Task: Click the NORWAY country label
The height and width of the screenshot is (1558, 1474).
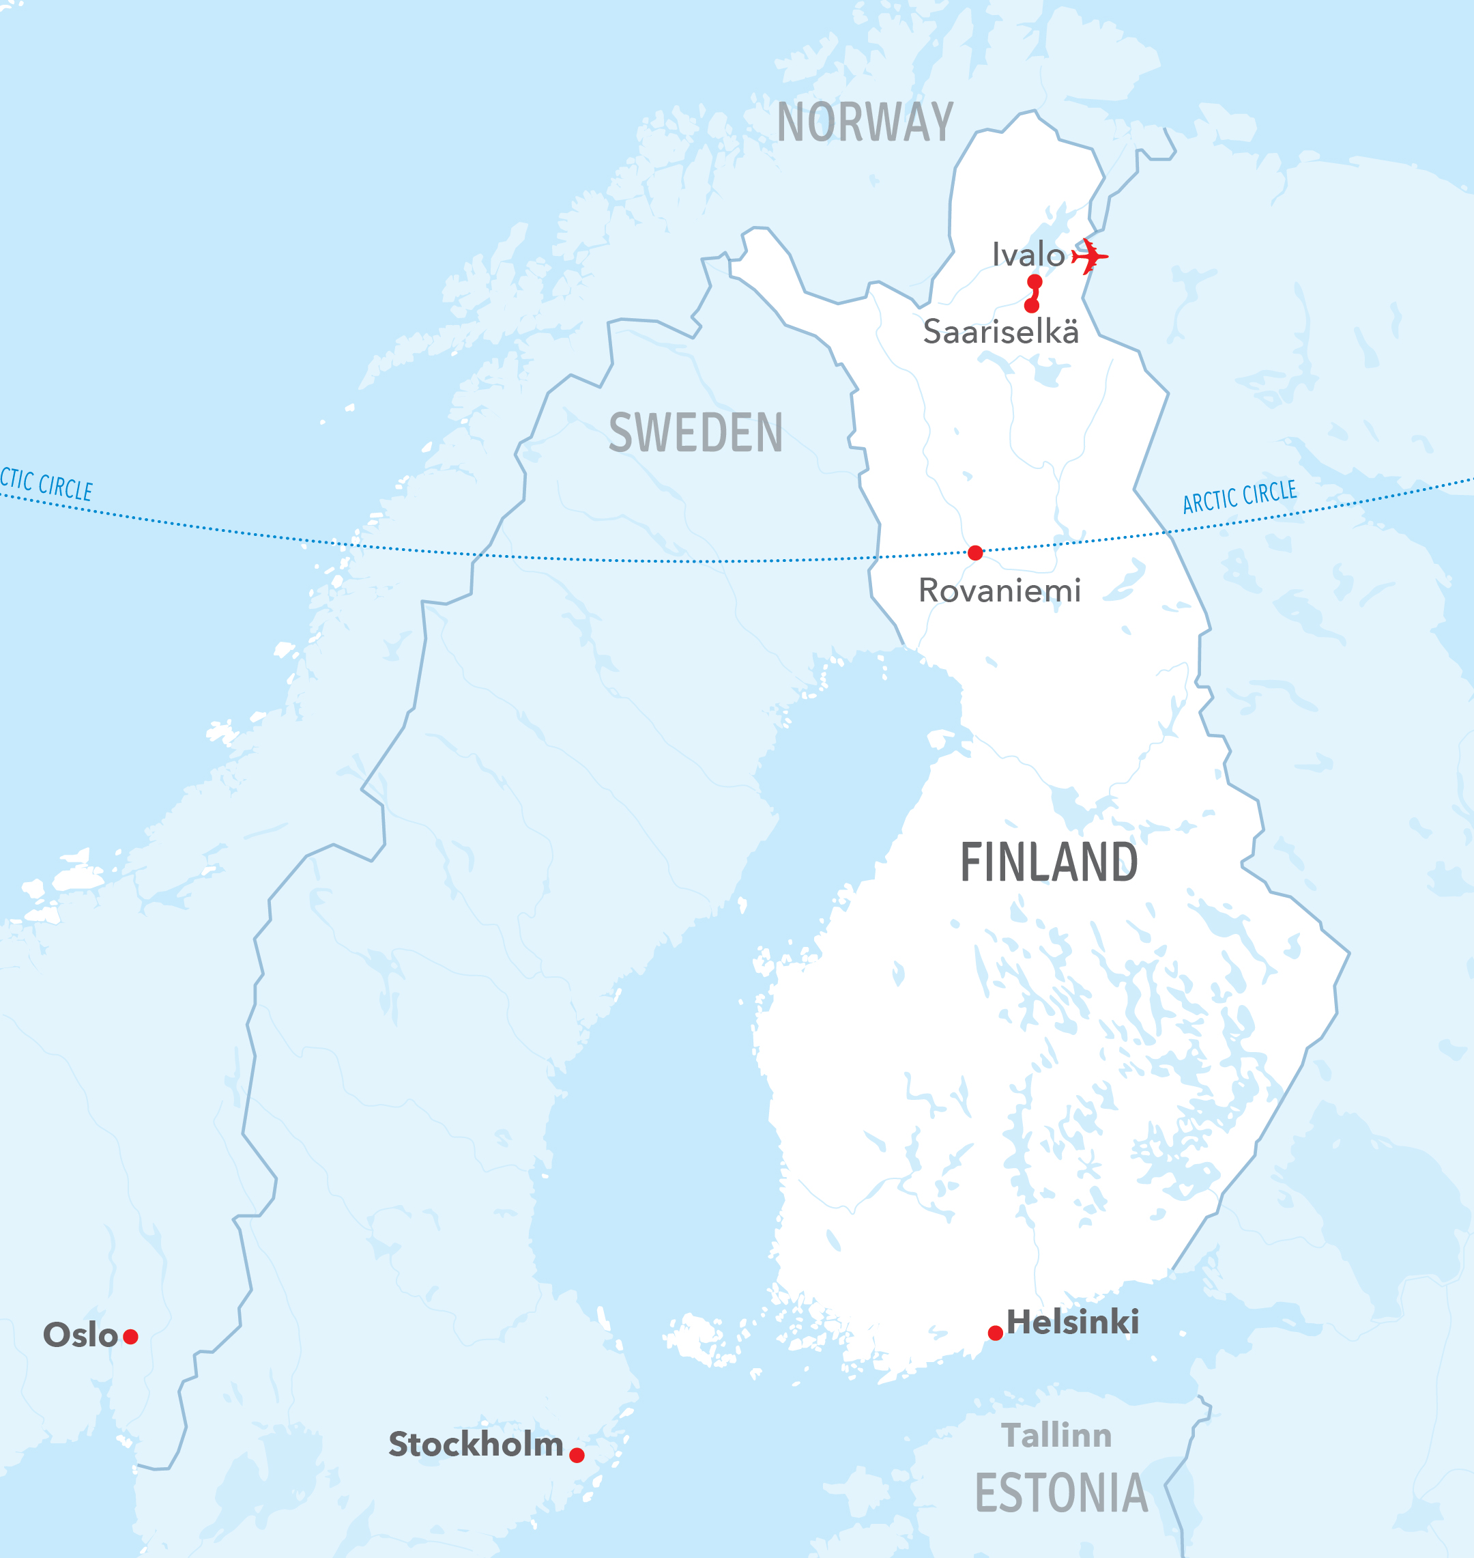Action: click(865, 123)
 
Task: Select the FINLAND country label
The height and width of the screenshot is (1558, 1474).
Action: click(1048, 863)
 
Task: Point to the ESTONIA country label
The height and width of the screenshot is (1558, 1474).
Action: click(1060, 1494)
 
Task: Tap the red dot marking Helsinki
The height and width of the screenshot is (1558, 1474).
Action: click(995, 1333)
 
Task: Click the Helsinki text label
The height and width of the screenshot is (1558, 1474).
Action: click(1073, 1322)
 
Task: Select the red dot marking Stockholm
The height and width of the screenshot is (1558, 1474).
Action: click(577, 1455)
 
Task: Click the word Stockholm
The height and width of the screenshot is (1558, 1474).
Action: click(476, 1445)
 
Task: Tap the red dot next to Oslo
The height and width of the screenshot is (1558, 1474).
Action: click(130, 1336)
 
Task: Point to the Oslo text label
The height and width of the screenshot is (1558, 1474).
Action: click(80, 1335)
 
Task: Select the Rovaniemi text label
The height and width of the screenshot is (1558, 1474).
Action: click(1000, 591)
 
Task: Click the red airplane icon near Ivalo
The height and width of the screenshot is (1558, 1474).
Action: click(1090, 256)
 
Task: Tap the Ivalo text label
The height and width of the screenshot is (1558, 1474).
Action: click(1028, 255)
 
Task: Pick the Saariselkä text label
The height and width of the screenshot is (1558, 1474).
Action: click(1000, 332)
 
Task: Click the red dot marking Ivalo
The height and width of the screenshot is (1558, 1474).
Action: click(1035, 281)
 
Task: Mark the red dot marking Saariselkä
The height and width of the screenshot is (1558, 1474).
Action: click(1032, 306)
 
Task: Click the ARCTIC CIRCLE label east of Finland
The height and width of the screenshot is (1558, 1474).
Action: click(1239, 497)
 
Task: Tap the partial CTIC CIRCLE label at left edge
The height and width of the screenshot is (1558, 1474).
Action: click(46, 484)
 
